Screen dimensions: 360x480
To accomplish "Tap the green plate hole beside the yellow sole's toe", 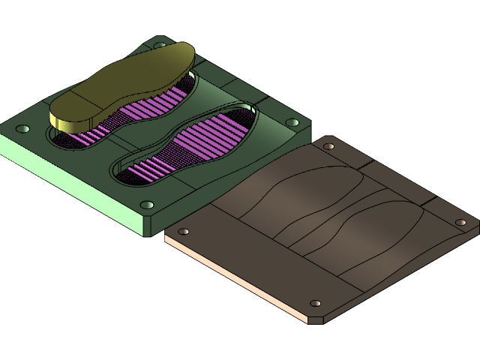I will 159,45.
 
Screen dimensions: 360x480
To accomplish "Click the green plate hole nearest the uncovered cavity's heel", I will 147,205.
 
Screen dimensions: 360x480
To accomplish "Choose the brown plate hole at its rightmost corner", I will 461,222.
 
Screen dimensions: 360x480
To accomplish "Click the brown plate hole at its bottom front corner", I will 316,304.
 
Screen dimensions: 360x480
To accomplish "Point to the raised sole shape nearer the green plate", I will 300,202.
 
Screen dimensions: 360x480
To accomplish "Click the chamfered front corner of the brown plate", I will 316,319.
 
